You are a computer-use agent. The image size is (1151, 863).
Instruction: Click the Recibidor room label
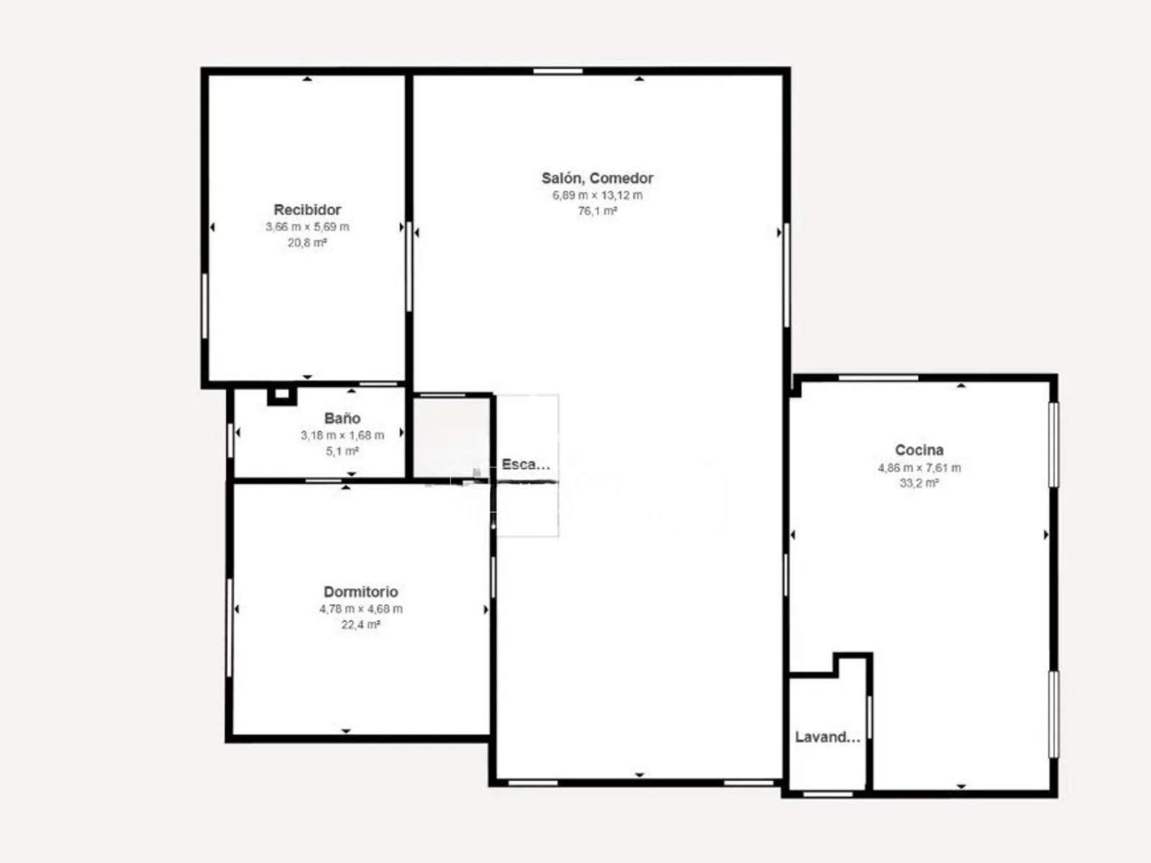pos(307,209)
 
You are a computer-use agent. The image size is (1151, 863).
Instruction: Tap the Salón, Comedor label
pos(597,178)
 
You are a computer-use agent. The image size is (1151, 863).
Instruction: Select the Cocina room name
pos(919,449)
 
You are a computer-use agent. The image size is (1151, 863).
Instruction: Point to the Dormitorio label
pos(361,592)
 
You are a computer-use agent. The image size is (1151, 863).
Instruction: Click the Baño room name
pos(342,418)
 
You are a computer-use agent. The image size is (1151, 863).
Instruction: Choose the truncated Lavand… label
pos(827,737)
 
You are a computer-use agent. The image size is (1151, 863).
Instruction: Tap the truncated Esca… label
pos(526,465)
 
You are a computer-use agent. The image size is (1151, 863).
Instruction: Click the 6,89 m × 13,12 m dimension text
pos(597,196)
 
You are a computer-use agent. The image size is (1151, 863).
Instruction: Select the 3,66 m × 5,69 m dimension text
pos(307,227)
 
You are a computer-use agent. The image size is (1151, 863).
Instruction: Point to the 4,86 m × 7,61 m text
pos(919,467)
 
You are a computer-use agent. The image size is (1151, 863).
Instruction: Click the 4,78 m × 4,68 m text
pos(361,609)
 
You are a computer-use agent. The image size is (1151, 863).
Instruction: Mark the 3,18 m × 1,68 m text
pos(342,435)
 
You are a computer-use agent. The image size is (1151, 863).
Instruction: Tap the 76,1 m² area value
pos(597,211)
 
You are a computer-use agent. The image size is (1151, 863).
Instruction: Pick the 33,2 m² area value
pos(919,483)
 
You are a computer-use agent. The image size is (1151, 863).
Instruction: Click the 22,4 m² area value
pos(361,624)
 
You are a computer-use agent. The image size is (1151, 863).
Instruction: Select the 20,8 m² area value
pos(307,242)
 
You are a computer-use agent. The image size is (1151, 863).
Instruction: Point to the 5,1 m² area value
pos(342,451)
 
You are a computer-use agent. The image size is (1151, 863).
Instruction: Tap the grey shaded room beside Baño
pos(452,438)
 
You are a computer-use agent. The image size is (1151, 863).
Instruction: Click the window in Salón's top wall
pos(558,70)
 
